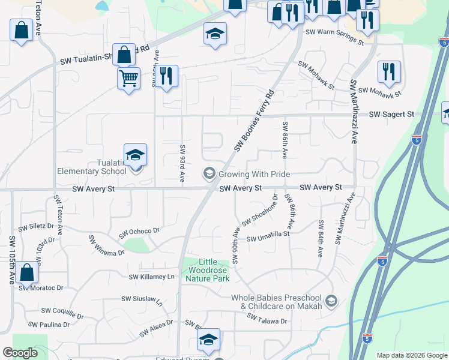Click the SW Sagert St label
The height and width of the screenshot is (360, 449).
click(x=391, y=114)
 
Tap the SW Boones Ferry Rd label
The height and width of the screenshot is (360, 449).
click(x=254, y=120)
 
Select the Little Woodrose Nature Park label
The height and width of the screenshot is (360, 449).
click(x=206, y=270)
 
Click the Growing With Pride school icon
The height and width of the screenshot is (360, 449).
click(x=209, y=174)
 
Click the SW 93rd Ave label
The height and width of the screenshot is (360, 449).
click(x=182, y=163)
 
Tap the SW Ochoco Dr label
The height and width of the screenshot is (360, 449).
click(x=139, y=231)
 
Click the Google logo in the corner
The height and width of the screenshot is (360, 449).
click(x=20, y=353)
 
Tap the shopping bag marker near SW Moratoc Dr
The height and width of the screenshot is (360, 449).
click(x=27, y=272)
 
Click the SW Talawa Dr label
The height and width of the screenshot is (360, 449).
click(x=268, y=321)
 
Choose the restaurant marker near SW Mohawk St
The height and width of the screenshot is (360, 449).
click(x=389, y=72)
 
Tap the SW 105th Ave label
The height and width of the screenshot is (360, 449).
click(x=11, y=260)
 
